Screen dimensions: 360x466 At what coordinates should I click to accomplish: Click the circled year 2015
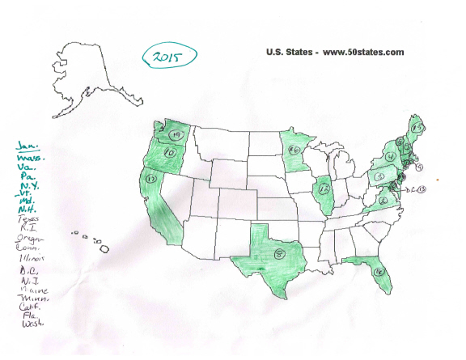point(169,57)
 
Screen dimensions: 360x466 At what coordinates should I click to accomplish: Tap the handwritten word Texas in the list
point(28,219)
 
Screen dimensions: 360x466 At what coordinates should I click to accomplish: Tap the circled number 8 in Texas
point(279,254)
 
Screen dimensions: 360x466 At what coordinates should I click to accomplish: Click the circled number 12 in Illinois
point(326,189)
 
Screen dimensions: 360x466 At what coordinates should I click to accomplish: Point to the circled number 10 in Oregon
point(171,151)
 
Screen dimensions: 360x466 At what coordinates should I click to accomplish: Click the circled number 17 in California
point(150,177)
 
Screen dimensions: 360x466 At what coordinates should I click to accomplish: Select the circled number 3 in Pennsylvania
point(378,176)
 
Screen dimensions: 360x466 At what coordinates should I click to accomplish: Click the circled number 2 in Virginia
point(381,199)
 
